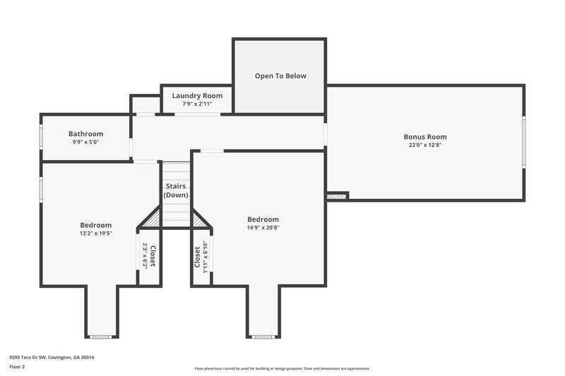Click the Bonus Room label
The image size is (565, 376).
425,137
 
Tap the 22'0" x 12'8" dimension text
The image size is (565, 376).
425,145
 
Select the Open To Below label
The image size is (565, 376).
280,76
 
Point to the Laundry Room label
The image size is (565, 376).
197,96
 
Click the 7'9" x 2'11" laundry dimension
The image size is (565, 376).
197,104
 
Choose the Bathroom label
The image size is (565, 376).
85,134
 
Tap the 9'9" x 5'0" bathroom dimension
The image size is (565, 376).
85,142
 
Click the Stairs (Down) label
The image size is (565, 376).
176,190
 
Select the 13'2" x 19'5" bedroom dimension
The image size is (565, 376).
95,233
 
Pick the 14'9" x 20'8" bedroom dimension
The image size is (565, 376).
263,228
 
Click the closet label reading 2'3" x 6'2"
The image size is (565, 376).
149,255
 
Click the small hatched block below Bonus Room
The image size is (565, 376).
338,196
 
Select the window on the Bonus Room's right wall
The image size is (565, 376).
523,142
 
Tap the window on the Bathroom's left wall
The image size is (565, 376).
41,135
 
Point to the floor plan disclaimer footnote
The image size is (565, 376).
282,368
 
